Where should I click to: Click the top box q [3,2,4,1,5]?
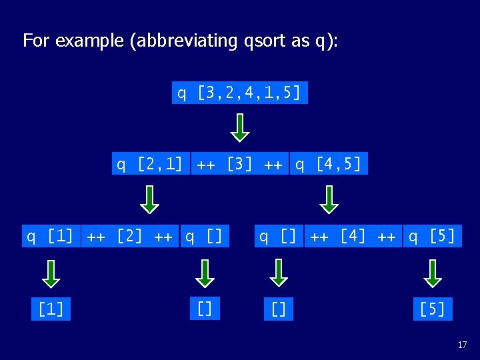(240, 93)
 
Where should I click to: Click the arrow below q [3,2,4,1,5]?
(240, 127)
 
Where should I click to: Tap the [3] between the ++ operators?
(238, 163)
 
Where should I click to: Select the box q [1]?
(50, 236)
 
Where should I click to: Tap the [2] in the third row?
(129, 236)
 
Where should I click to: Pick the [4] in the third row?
(353, 236)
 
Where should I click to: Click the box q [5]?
(432, 236)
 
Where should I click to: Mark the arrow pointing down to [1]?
(51, 273)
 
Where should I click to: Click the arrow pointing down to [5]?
(433, 273)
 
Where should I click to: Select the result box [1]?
(51, 309)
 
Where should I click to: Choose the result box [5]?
(432, 309)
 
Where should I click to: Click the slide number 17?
(462, 345)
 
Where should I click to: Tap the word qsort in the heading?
(267, 41)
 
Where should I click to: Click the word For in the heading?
(37, 41)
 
